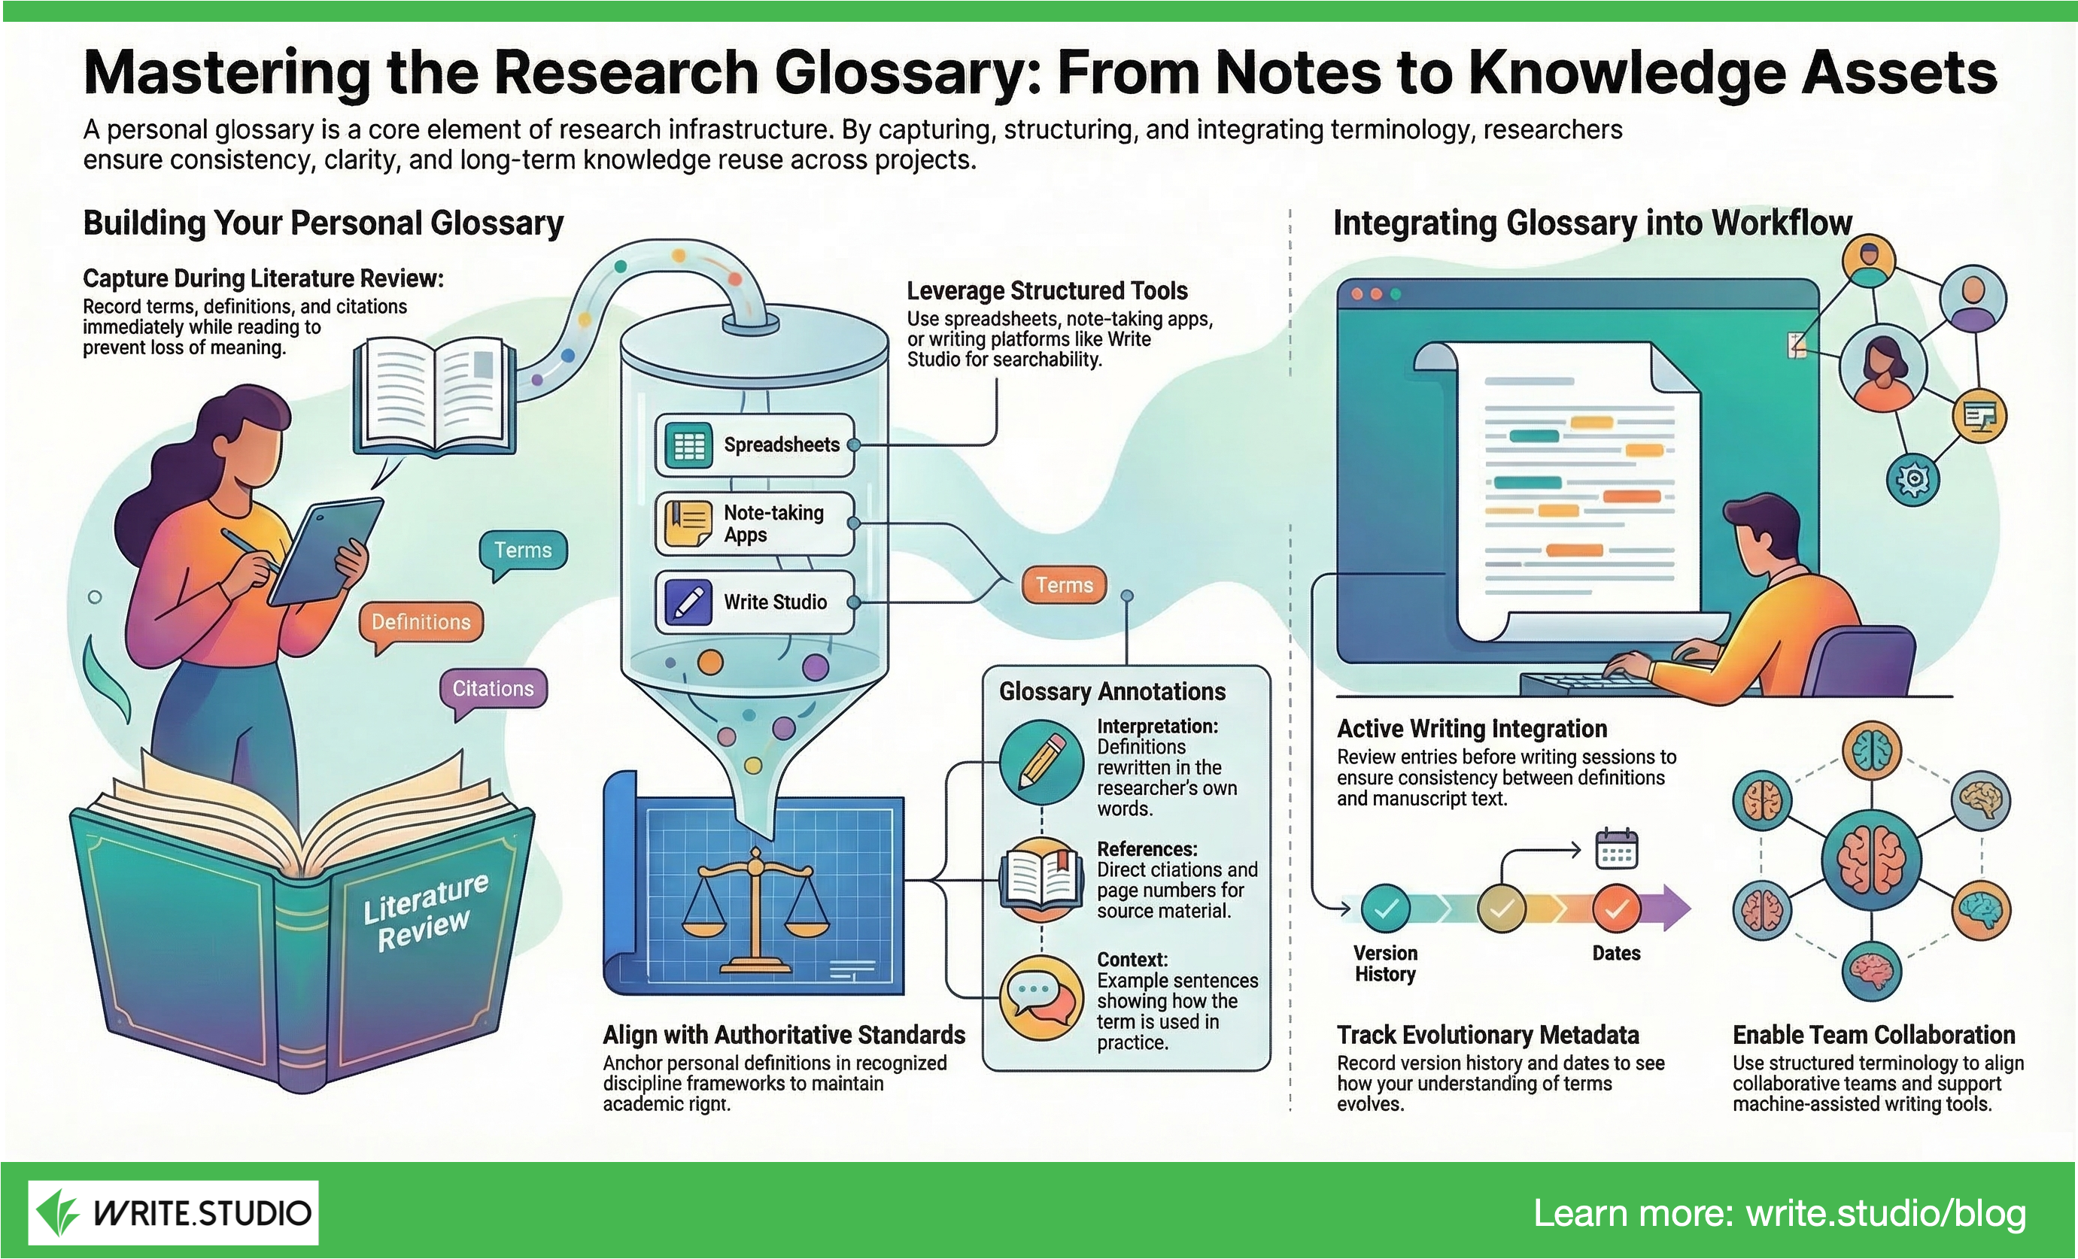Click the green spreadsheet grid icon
pyautogui.click(x=689, y=445)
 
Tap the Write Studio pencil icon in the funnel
pyautogui.click(x=688, y=602)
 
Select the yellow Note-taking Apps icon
pyautogui.click(x=688, y=523)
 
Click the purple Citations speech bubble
pyautogui.click(x=494, y=689)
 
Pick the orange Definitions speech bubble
pyautogui.click(x=421, y=622)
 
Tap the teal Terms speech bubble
pyautogui.click(x=523, y=551)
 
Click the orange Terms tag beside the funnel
pyautogui.click(x=1064, y=585)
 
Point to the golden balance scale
pyautogui.click(x=755, y=906)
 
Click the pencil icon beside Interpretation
pyautogui.click(x=1041, y=761)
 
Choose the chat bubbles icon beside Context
pyautogui.click(x=1041, y=997)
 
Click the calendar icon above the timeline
pyautogui.click(x=1617, y=848)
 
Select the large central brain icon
pyautogui.click(x=1871, y=860)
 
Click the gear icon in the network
pyautogui.click(x=1913, y=480)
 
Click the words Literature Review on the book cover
pyautogui.click(x=425, y=912)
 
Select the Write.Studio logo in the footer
pyautogui.click(x=174, y=1212)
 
